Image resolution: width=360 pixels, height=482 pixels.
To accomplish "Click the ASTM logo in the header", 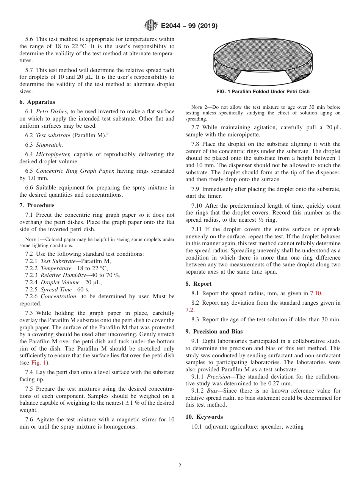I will click(151, 26).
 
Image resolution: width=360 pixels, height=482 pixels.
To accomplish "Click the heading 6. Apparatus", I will click(37, 102).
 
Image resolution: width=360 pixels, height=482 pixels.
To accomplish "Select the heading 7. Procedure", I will click(37, 205).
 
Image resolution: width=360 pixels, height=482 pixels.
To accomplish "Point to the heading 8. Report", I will click(199, 284).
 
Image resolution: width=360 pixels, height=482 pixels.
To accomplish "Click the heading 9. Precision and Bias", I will click(214, 332).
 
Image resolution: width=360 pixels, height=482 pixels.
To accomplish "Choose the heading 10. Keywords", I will click(204, 417).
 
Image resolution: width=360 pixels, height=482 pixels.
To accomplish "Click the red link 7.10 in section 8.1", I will click(316, 293).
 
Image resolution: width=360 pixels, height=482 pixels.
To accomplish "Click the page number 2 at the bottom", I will click(180, 466).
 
